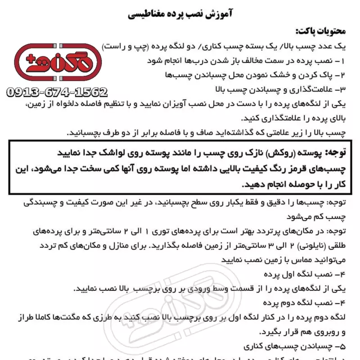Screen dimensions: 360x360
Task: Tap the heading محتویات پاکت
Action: pos(321,31)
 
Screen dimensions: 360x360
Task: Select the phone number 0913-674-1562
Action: pos(57,93)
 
